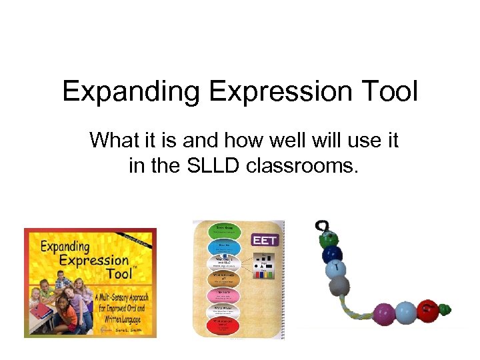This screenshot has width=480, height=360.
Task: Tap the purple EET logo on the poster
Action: coord(265,239)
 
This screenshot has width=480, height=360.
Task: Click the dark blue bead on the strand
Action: coord(331,255)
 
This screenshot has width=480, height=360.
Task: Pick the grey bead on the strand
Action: coord(340,287)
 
